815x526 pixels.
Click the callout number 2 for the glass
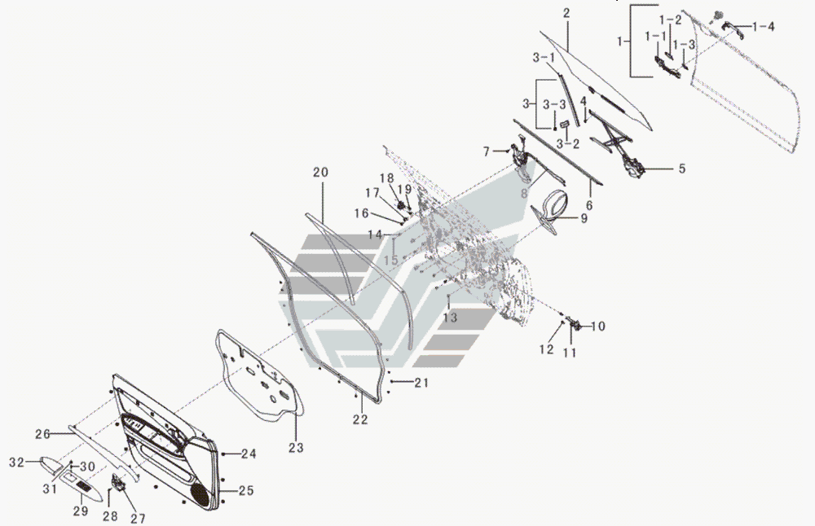click(x=566, y=14)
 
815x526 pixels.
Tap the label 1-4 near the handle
click(x=764, y=27)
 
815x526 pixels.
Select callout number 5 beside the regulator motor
click(x=682, y=169)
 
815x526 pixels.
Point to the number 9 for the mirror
click(x=584, y=218)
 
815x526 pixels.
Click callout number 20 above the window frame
click(x=320, y=173)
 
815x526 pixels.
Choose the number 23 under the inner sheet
click(x=295, y=447)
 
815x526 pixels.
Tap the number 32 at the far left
click(x=17, y=462)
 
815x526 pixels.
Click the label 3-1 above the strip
click(x=544, y=58)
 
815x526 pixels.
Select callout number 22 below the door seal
click(x=360, y=420)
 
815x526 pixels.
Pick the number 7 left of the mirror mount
click(x=487, y=151)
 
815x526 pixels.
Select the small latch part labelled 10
click(x=575, y=325)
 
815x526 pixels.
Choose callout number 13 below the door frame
click(x=450, y=318)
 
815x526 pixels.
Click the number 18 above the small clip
click(x=387, y=178)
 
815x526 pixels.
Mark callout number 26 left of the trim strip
click(x=42, y=433)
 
